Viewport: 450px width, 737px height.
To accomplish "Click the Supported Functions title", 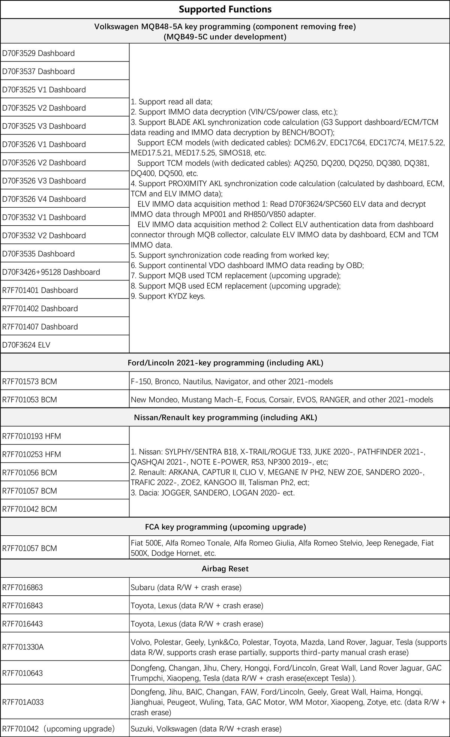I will [x=225, y=9].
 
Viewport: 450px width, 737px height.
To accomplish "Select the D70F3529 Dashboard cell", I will [x=39, y=53].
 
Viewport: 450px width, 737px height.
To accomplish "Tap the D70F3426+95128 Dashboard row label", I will [x=51, y=272].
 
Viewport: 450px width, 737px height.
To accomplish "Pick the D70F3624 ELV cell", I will [x=26, y=345].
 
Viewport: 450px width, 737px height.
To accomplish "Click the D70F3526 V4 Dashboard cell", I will [x=44, y=199].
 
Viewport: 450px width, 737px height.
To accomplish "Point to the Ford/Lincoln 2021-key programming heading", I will [x=225, y=363].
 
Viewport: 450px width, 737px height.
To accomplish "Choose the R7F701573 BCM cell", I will [x=30, y=382].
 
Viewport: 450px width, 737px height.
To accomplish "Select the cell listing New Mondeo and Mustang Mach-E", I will [x=282, y=400].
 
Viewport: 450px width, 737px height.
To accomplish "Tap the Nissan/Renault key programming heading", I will [x=225, y=417].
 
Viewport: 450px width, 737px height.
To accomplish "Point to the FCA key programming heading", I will [x=225, y=527].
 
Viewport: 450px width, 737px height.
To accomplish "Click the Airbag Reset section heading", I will [x=225, y=568].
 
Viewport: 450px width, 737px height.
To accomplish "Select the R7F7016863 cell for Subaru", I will [x=22, y=587].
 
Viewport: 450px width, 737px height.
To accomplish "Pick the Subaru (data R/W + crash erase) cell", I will [x=186, y=587].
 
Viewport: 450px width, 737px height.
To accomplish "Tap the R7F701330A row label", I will [x=23, y=647].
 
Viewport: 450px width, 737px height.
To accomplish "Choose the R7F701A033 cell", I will [x=23, y=702].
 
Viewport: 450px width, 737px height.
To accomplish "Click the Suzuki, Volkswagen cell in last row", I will [x=206, y=729].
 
